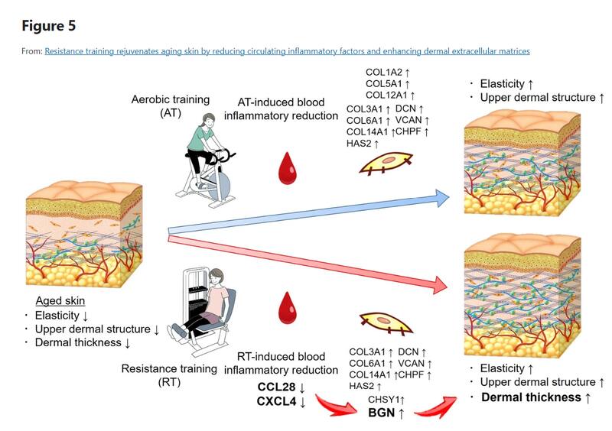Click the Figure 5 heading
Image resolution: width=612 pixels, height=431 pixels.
[49, 25]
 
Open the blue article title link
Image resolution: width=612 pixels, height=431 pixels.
[287, 51]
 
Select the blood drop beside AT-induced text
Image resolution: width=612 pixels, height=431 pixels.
[288, 168]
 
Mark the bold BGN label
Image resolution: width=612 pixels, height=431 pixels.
[382, 413]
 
